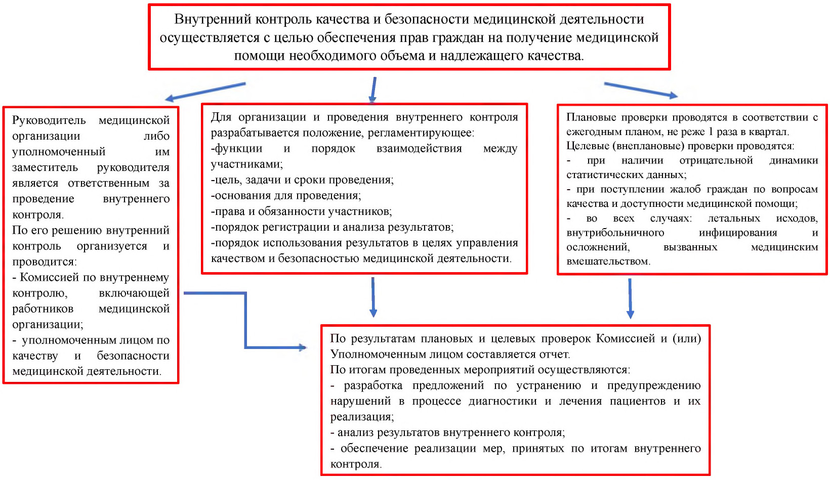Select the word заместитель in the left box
45,167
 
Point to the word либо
157,136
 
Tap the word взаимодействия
419,149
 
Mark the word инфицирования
738,233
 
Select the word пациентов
637,401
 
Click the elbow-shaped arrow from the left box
245,320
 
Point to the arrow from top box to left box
205,92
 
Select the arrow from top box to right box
641,91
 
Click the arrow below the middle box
373,297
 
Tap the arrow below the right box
630,298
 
